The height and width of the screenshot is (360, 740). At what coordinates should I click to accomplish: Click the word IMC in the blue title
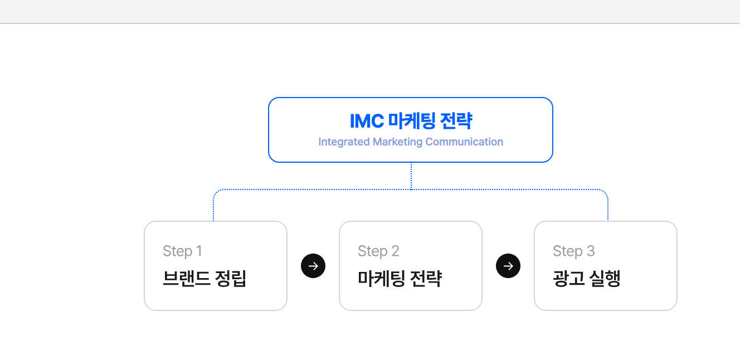point(367,121)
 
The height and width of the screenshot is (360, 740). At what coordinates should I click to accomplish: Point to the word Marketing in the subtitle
point(397,142)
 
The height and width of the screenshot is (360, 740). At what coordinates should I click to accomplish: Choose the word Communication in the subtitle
point(464,142)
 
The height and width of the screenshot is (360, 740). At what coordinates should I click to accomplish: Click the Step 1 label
point(182,251)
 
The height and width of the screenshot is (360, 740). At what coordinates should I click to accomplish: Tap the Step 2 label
point(378,251)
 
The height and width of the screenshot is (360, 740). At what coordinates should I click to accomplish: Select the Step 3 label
point(574,251)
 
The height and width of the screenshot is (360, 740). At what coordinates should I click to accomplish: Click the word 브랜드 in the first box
point(186,279)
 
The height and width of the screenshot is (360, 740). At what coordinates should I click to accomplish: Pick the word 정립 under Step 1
point(231,279)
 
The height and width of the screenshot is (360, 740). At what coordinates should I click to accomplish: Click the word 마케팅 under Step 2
point(382,279)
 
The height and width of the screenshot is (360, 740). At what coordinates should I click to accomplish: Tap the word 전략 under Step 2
point(426,279)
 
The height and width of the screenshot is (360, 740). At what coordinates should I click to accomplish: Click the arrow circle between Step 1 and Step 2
point(313,266)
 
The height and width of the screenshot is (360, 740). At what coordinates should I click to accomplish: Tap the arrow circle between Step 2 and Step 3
point(508,266)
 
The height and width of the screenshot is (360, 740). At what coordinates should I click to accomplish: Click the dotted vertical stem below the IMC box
point(411,176)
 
